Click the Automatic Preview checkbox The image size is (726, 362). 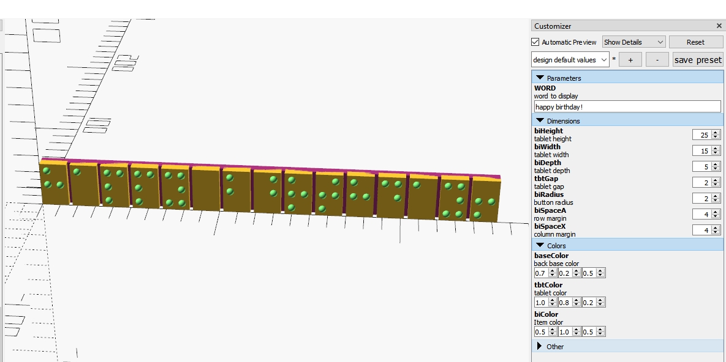(535, 42)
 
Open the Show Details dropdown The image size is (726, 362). (634, 42)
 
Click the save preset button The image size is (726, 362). (698, 60)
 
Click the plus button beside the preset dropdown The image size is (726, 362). (630, 60)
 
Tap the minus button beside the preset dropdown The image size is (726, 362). (657, 60)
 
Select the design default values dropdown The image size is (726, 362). (570, 60)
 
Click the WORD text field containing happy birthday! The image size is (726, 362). (627, 107)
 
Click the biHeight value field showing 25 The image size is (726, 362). (702, 135)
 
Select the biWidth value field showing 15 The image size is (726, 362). (702, 150)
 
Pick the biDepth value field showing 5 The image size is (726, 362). (702, 166)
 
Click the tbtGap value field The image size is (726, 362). (702, 183)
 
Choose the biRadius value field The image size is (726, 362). (702, 198)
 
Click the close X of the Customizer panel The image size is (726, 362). (719, 26)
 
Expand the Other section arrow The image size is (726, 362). (539, 346)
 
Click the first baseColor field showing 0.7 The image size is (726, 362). (541, 273)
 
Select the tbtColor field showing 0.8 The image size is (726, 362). (565, 302)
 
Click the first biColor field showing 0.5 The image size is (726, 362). (541, 332)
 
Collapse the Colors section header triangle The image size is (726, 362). (540, 245)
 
